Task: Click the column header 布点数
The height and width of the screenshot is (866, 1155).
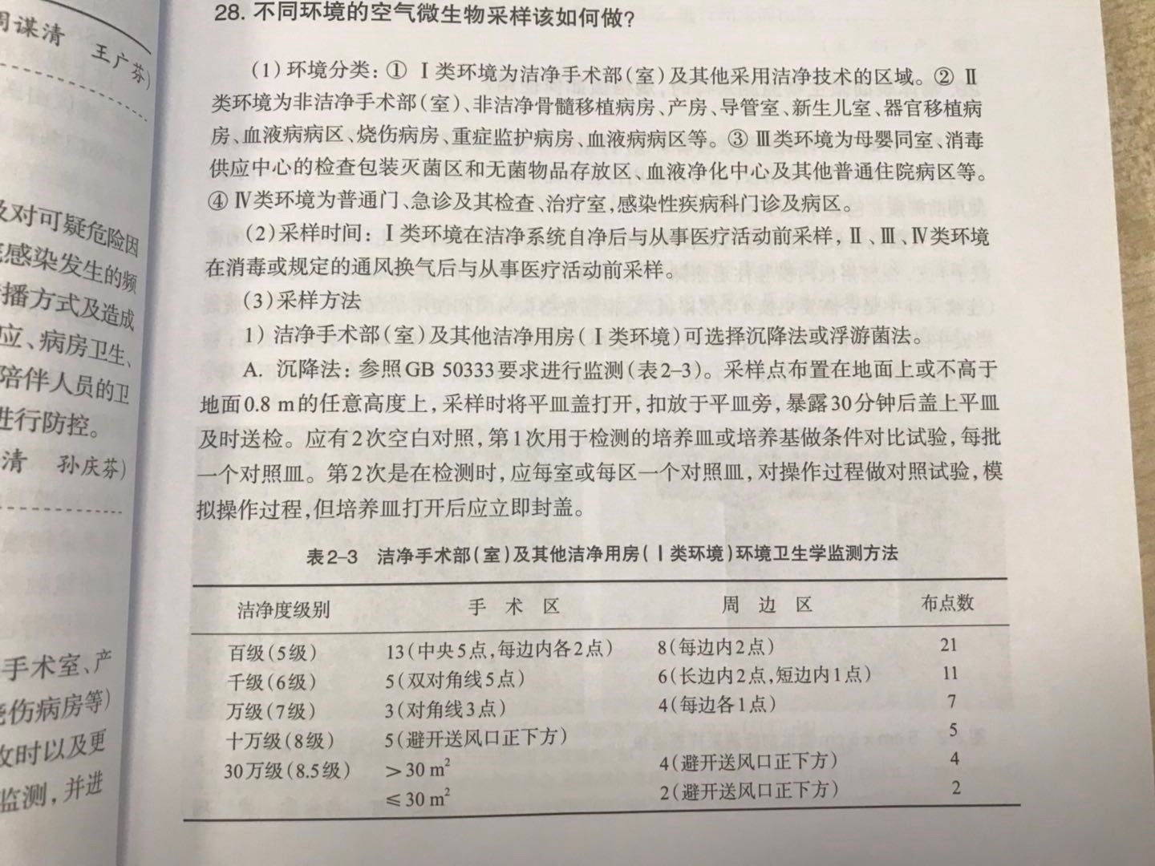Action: pos(946,602)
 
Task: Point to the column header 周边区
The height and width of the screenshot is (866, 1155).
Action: pos(766,605)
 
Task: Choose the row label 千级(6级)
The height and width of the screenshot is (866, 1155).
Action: pos(272,682)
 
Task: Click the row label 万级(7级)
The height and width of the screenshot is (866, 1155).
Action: pos(272,711)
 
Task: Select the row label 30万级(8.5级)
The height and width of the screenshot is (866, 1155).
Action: pos(287,771)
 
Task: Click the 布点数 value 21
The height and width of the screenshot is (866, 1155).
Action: pos(949,644)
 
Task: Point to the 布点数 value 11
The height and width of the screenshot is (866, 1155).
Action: pos(950,673)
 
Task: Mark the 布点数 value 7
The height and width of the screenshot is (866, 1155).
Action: pos(952,702)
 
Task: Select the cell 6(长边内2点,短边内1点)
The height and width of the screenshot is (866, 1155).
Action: pos(764,675)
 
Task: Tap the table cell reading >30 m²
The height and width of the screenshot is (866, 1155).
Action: pos(417,771)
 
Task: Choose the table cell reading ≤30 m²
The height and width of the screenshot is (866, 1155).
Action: pos(417,799)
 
